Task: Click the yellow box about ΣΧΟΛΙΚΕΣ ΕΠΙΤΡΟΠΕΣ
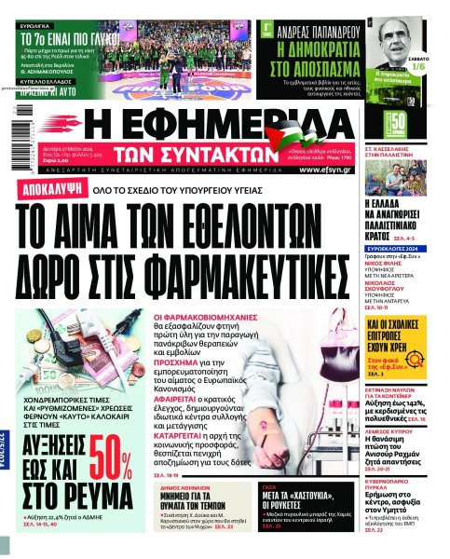pyautogui.click(x=403, y=328)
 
